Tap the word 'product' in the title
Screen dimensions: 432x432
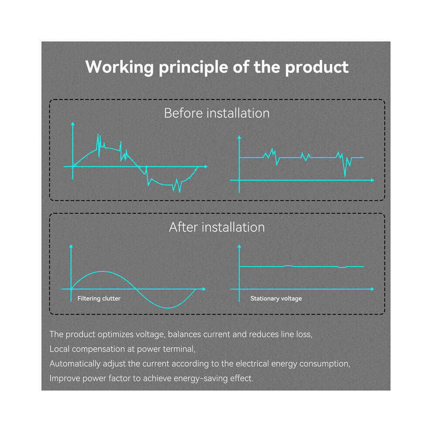[317, 68]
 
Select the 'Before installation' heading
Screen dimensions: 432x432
[217, 113]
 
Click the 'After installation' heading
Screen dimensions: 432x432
[217, 227]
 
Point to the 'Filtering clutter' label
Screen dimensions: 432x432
[99, 298]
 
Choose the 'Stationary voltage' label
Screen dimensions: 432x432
[276, 298]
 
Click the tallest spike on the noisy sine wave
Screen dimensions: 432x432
[98, 135]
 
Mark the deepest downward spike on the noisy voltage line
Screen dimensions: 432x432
[345, 175]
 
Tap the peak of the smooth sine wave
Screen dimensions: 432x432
[102, 272]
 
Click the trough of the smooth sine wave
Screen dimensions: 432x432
[168, 308]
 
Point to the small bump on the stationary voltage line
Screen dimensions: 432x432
[288, 266]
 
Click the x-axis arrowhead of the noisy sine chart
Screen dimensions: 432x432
[206, 166]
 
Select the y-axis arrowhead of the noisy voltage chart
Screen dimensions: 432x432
[239, 137]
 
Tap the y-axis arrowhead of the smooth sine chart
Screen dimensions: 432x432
[71, 246]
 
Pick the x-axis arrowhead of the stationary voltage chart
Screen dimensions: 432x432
[373, 289]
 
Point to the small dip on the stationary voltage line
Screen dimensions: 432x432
[342, 267]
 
